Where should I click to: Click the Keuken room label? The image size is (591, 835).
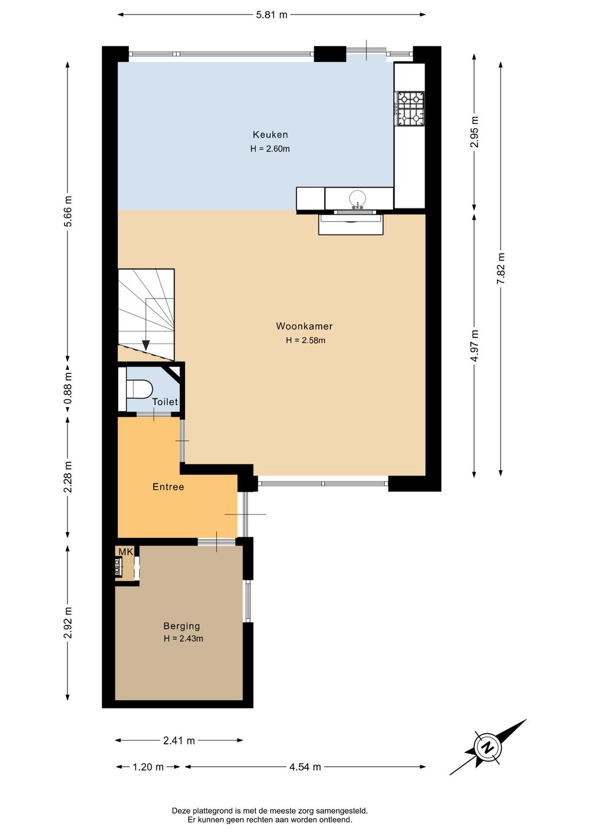click(x=270, y=134)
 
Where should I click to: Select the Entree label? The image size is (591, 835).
click(x=168, y=486)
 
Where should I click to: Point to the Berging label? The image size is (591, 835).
click(x=182, y=626)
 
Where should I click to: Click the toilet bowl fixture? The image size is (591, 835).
click(x=140, y=389)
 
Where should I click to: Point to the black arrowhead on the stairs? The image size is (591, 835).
click(x=146, y=345)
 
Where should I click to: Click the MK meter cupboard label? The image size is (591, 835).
click(x=126, y=552)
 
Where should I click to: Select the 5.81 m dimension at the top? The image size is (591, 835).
click(x=271, y=15)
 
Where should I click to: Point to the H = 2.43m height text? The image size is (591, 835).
click(x=183, y=639)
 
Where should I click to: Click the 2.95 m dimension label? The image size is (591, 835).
click(x=474, y=132)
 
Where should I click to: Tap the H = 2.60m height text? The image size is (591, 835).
click(x=270, y=149)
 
